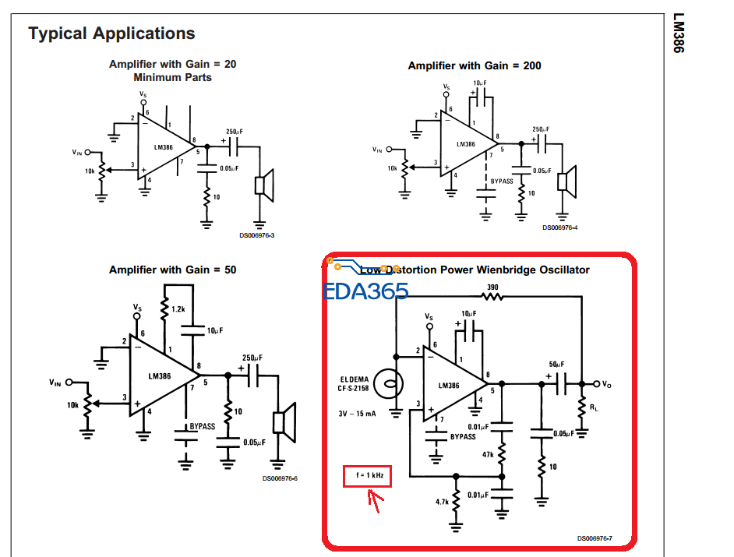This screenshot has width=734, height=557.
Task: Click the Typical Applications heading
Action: [x=111, y=33]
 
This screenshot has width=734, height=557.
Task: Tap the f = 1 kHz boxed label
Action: [x=368, y=474]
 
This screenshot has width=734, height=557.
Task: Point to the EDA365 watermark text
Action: [x=365, y=291]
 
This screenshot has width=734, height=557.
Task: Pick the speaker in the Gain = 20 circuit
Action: [x=264, y=185]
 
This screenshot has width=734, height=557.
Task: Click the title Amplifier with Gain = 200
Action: [x=474, y=65]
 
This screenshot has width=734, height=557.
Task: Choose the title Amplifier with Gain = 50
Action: [x=172, y=270]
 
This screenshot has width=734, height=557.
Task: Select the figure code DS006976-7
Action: [x=595, y=538]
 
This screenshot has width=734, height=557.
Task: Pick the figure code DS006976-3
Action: [x=256, y=234]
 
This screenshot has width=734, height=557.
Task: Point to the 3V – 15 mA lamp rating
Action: [x=357, y=414]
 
